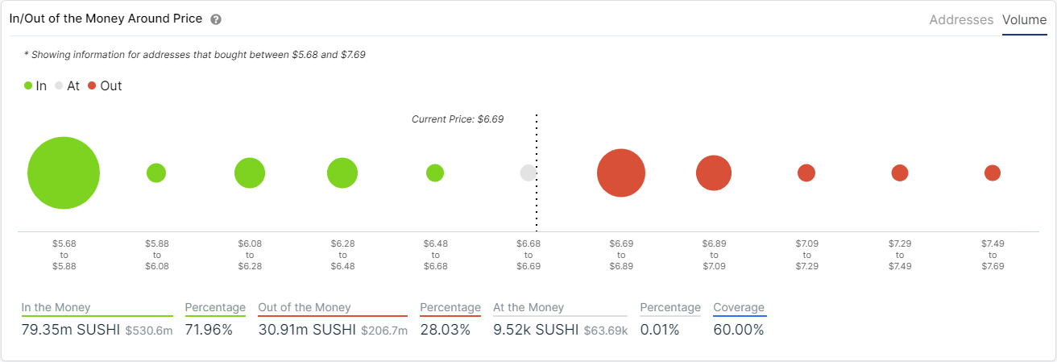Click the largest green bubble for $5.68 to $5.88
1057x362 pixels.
(64, 173)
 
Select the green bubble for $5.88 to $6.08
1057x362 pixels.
(156, 173)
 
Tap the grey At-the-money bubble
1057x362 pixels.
(528, 173)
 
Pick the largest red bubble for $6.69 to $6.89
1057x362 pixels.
(621, 173)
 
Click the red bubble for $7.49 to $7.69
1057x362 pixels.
(993, 173)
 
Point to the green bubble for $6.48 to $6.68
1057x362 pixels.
(435, 173)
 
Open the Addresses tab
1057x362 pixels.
(961, 20)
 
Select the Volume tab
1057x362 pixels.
(1025, 20)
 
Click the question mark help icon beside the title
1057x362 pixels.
(216, 19)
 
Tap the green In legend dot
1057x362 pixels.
(28, 85)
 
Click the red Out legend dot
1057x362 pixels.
(92, 85)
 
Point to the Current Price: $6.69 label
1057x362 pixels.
(458, 119)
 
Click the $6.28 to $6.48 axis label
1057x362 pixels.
(342, 255)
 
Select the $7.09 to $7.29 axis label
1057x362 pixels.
(807, 255)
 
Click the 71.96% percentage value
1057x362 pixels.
(209, 330)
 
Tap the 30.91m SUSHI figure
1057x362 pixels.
(307, 330)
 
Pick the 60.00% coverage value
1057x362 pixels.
(739, 330)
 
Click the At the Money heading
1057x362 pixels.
(528, 307)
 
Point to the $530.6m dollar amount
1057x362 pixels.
(149, 331)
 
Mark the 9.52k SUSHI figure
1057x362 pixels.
(536, 330)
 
